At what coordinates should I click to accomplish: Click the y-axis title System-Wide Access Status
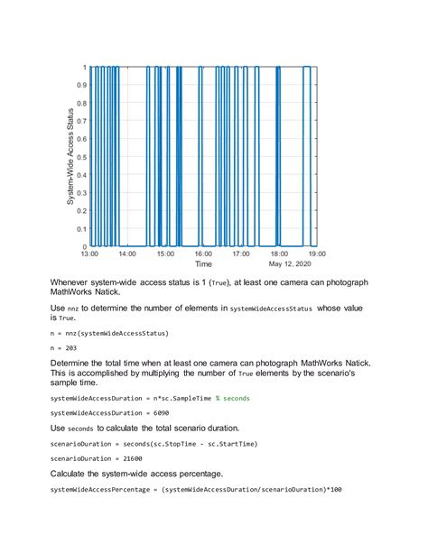[70, 156]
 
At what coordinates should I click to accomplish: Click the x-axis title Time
[204, 264]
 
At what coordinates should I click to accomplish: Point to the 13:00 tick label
[88, 253]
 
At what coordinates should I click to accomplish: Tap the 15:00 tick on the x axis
[165, 253]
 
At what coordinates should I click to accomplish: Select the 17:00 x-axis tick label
[242, 253]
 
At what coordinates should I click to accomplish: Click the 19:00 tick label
[318, 253]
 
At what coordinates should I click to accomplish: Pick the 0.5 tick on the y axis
[80, 157]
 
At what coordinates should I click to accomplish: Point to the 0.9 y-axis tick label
[80, 85]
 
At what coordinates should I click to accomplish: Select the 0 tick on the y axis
[84, 246]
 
